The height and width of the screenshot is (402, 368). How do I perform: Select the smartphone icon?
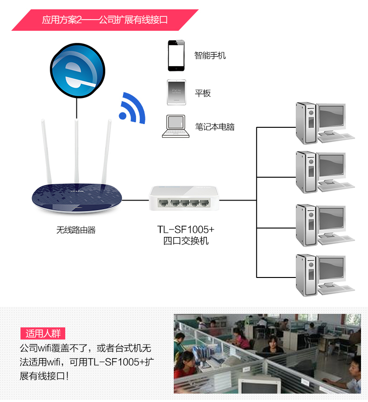coord(177,55)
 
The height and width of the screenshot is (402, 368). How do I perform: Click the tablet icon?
coord(176,92)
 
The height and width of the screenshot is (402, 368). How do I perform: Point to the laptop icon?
coord(176,126)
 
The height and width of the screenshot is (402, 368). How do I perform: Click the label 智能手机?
coord(210,55)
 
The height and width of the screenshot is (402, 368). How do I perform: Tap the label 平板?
coord(203,93)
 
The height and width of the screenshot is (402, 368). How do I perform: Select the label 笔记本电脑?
coord(215,127)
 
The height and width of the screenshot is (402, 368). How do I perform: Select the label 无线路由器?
coord(76,230)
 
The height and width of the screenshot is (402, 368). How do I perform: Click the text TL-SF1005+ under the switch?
coord(186,230)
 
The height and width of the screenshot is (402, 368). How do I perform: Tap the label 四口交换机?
coord(186,241)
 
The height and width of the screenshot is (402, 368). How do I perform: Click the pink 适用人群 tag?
coord(43,333)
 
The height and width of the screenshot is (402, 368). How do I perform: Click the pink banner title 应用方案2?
coord(105,21)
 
